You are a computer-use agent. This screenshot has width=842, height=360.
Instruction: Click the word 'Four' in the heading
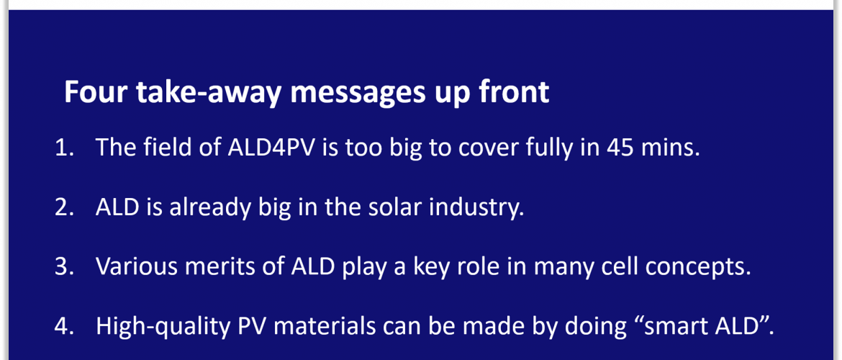click(x=96, y=92)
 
